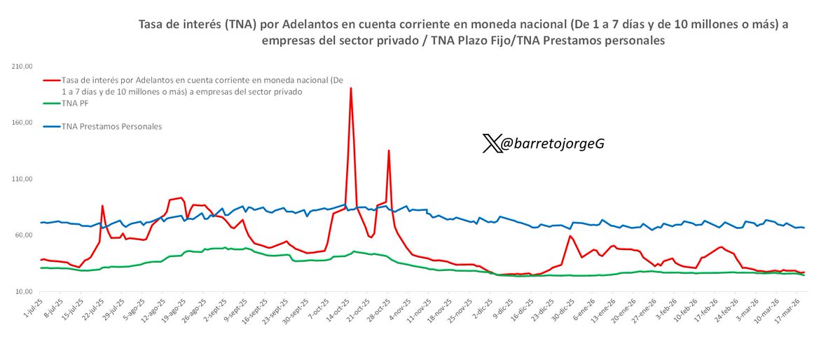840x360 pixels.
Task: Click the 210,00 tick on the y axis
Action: point(22,67)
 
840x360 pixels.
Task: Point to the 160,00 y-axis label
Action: point(22,123)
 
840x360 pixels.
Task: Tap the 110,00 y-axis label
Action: point(22,179)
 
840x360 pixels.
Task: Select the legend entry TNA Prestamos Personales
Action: point(112,127)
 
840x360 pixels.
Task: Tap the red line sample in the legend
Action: point(50,81)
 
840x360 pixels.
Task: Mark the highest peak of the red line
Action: point(350,88)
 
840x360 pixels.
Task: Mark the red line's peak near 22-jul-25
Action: point(102,206)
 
